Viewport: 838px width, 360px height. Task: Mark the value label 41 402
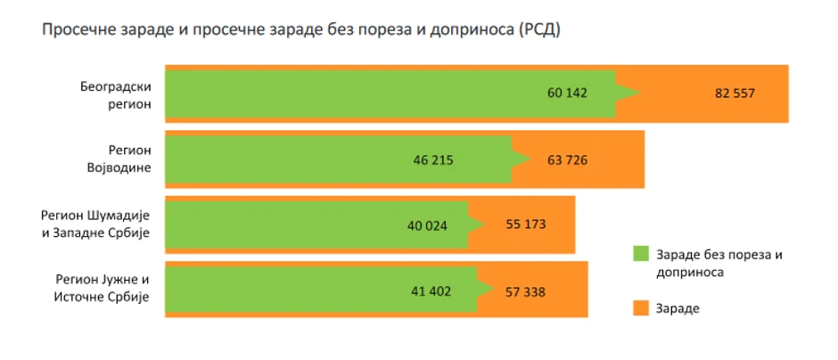pos(432,290)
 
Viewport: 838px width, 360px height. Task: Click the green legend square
pos(640,253)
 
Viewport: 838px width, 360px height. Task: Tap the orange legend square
pos(640,307)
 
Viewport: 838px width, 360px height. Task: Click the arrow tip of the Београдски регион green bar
pos(639,94)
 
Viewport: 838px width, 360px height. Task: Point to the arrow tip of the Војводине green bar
pos(533,160)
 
